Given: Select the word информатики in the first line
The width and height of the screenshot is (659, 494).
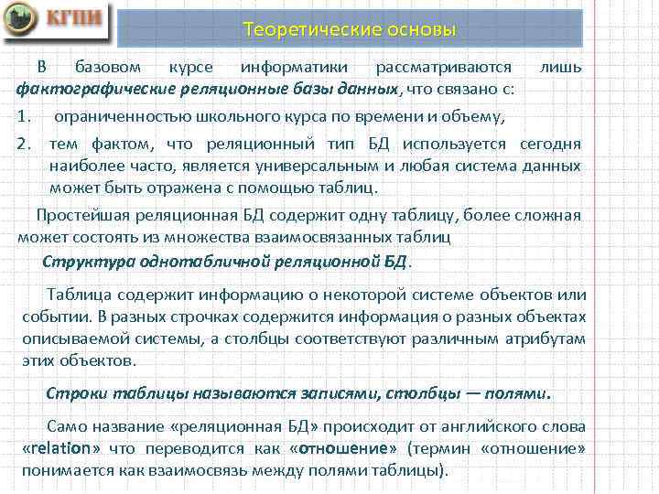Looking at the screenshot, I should point(293,69).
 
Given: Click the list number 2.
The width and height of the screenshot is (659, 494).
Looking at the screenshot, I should point(27,144).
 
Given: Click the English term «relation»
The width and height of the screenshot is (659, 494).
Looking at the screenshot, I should point(61,449).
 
